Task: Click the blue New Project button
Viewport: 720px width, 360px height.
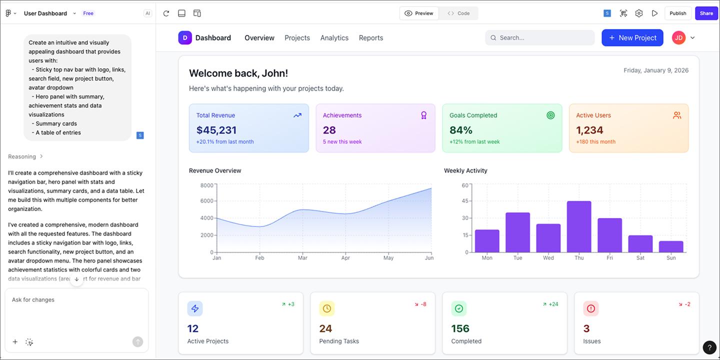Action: coord(632,38)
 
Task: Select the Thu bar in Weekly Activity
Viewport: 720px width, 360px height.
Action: coord(579,226)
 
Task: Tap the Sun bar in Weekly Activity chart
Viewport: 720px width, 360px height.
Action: coord(671,246)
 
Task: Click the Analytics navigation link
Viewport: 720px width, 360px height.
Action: coord(334,38)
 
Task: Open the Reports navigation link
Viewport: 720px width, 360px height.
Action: coord(370,38)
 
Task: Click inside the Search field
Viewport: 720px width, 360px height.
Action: coord(540,38)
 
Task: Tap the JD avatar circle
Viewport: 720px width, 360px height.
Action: coord(678,38)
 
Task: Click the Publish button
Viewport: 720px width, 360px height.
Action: coord(677,13)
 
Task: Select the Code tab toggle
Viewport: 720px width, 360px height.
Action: coord(458,13)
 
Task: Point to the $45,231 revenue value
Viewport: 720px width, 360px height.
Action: coord(216,130)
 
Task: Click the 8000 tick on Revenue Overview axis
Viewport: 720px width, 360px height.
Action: coord(206,185)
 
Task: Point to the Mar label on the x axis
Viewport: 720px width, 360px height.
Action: coord(302,258)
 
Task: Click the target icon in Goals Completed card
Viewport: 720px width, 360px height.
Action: coord(550,115)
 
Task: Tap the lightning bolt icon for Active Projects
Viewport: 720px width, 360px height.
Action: coord(195,308)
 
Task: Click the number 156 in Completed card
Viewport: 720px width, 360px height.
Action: coord(460,328)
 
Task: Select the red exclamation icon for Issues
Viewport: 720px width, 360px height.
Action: coord(590,308)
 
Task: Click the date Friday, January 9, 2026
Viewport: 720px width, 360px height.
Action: coord(655,70)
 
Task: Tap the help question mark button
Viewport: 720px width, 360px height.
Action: coord(709,347)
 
